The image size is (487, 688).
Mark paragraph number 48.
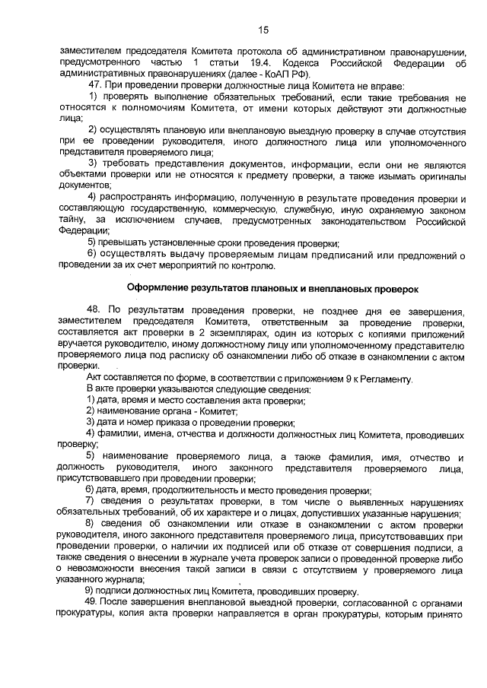[96, 311]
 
